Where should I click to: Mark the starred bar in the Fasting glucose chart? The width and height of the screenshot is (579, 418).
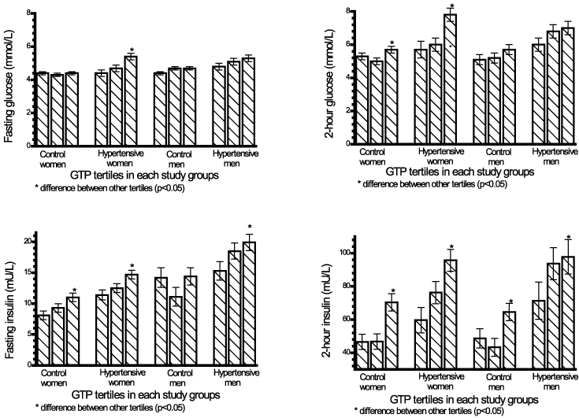131,101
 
